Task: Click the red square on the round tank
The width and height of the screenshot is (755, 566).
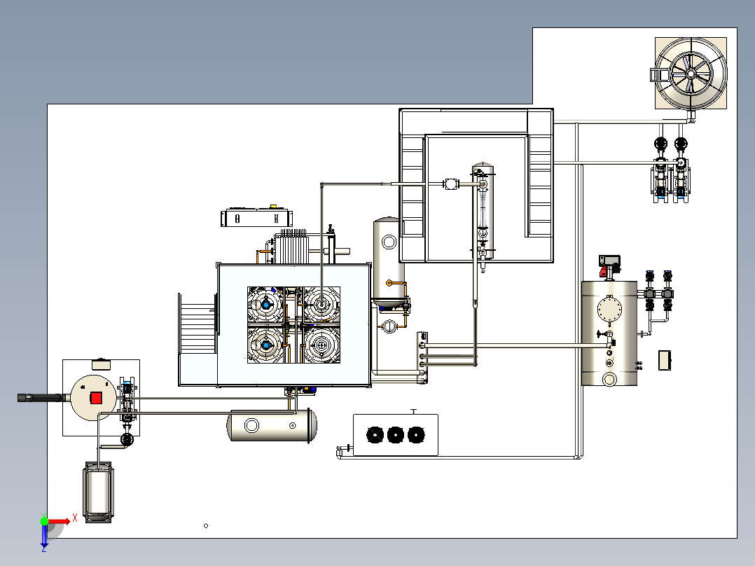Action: [96, 398]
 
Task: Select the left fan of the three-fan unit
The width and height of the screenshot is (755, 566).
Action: [376, 436]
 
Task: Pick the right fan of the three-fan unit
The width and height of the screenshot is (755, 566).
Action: [417, 436]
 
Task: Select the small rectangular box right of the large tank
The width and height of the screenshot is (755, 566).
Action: [664, 360]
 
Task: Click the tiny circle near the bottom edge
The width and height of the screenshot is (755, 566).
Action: [206, 525]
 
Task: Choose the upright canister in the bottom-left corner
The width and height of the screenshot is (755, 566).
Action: [98, 492]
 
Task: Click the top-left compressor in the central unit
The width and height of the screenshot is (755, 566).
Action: [266, 304]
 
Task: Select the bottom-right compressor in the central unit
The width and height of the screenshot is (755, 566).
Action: [322, 345]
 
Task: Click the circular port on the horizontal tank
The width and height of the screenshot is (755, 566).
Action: [250, 424]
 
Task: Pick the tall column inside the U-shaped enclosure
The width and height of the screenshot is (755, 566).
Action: [482, 210]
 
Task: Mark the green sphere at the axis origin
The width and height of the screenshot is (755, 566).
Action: [44, 520]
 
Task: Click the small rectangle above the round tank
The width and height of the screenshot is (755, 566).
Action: [102, 364]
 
